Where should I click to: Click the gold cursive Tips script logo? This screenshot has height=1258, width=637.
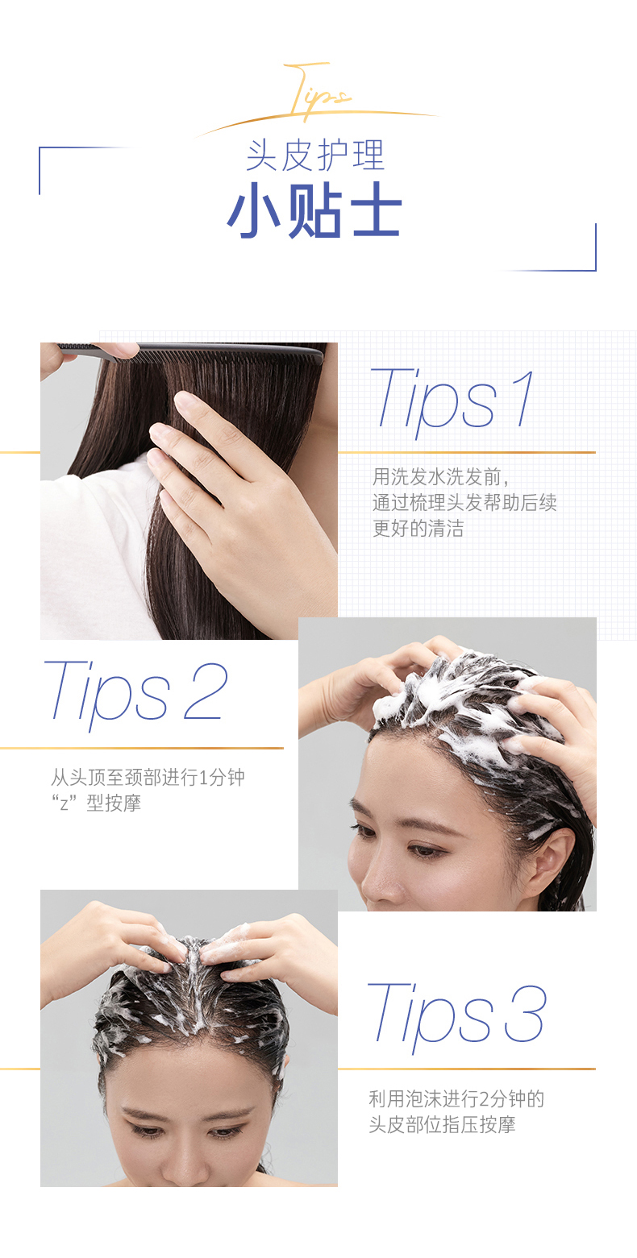pyautogui.click(x=318, y=92)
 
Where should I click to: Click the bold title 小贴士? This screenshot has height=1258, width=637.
pyautogui.click(x=314, y=210)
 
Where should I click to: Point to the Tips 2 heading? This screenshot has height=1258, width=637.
pyautogui.click(x=135, y=694)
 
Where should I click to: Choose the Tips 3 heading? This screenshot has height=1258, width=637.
pyautogui.click(x=456, y=1016)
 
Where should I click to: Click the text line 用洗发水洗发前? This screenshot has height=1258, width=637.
pyautogui.click(x=441, y=477)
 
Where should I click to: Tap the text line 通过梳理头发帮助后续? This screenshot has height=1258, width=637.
pyautogui.click(x=464, y=503)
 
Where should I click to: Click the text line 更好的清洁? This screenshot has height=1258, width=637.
pyautogui.click(x=418, y=529)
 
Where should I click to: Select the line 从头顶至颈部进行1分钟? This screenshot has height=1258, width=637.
pyautogui.click(x=148, y=777)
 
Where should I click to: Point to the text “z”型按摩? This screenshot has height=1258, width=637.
pyautogui.click(x=96, y=803)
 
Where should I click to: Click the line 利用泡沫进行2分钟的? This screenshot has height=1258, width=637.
pyautogui.click(x=456, y=1098)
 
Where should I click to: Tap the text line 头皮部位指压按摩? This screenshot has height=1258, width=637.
pyautogui.click(x=442, y=1124)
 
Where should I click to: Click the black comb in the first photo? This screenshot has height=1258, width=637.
pyautogui.click(x=191, y=353)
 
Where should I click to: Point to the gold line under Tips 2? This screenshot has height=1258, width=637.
pyautogui.click(x=142, y=748)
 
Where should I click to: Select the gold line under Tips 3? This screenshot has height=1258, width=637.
pyautogui.click(x=467, y=1069)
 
